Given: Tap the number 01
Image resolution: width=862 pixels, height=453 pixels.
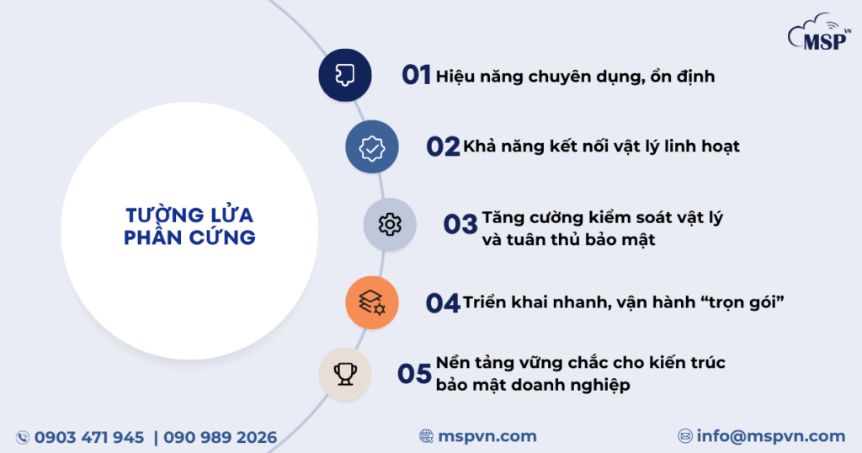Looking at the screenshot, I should [x=416, y=75].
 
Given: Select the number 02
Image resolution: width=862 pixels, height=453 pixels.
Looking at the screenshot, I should [x=442, y=147].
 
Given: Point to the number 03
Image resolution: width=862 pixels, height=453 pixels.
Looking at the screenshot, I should [x=460, y=224].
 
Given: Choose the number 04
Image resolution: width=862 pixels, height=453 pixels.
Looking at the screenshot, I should [x=442, y=302].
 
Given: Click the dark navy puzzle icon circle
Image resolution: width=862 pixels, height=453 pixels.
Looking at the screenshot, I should [x=345, y=75].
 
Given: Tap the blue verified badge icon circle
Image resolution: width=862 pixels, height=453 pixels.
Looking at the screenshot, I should [x=372, y=147].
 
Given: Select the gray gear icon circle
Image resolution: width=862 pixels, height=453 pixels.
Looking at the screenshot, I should [x=390, y=225].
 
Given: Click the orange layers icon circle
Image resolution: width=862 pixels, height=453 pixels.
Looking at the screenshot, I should [x=371, y=302].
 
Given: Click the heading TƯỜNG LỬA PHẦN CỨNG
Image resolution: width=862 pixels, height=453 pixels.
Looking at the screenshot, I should [x=189, y=226].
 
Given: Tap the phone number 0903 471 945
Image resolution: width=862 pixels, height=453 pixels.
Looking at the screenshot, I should [x=89, y=437].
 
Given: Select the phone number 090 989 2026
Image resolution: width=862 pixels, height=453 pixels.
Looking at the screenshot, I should [x=221, y=437].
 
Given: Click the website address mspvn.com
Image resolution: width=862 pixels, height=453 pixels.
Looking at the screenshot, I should [x=487, y=436].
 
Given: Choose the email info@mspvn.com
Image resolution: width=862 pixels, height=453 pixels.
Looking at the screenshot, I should [x=770, y=436].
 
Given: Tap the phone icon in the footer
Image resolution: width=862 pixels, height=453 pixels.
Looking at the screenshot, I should [x=23, y=437].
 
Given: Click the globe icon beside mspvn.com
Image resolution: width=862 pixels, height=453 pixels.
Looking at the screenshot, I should [x=427, y=436].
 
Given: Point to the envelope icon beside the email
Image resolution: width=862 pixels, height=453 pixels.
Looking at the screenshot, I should [x=685, y=436].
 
